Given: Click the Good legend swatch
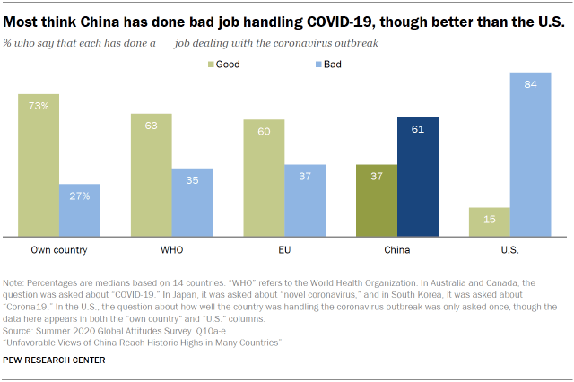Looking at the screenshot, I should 212,64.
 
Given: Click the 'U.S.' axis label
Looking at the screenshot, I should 511,248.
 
